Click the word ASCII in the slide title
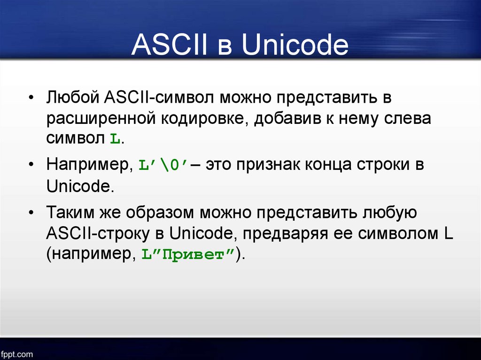pos(170,45)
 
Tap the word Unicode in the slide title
pos(295,45)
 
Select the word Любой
pos(73,97)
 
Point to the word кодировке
pos(204,119)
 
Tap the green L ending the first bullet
pos(116,139)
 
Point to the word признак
pos(268,165)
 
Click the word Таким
pos(70,212)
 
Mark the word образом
pos(160,212)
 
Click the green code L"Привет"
pos(188,254)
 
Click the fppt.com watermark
pos(16,354)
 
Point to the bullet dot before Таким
pos(31,213)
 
